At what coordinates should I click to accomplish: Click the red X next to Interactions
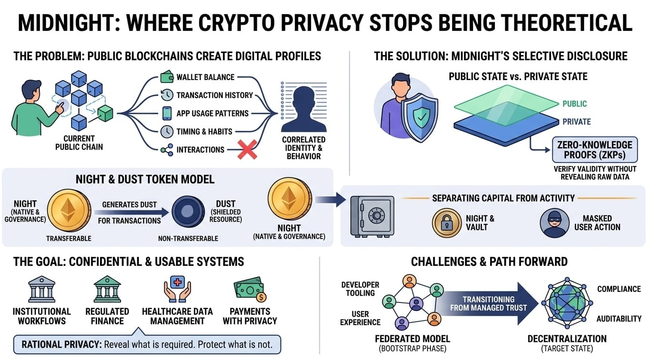247,150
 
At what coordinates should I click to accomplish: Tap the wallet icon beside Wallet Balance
167,77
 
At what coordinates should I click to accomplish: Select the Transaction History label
214,95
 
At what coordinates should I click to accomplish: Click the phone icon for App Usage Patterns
167,113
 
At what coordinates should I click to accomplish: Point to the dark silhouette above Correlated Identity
303,109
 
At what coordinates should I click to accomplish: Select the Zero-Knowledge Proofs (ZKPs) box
594,150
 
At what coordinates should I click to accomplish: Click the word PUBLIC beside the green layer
575,104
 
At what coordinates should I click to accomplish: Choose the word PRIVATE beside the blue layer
576,122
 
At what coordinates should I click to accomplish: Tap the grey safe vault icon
372,216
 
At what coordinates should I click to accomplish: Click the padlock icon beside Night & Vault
446,223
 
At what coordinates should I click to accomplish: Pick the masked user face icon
554,223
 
